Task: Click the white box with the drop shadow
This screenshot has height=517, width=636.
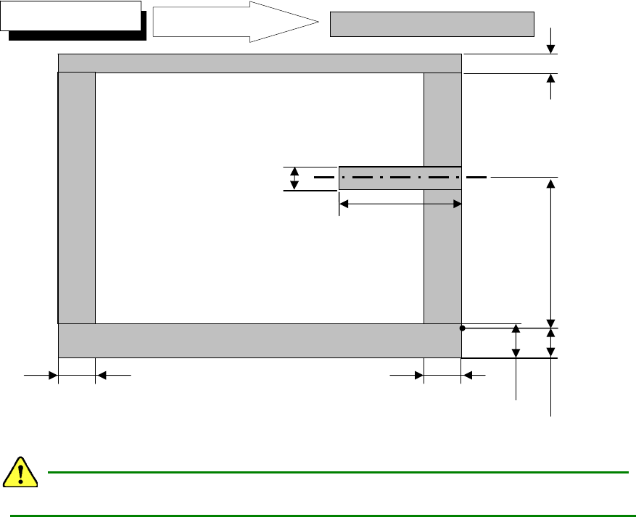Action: click(x=70, y=16)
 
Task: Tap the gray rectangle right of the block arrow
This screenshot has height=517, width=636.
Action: click(x=431, y=24)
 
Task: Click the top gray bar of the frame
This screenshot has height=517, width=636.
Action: click(x=259, y=63)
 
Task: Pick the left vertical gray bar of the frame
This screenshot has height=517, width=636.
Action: click(x=76, y=197)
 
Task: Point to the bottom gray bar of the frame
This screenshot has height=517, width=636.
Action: click(x=259, y=341)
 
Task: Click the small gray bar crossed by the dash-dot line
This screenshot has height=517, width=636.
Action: click(x=400, y=178)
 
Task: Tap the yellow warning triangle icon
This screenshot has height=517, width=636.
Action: click(x=21, y=472)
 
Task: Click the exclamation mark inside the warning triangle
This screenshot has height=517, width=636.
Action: click(x=21, y=473)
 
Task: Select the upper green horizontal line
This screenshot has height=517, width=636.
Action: click(x=337, y=472)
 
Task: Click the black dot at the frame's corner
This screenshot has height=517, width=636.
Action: click(x=462, y=328)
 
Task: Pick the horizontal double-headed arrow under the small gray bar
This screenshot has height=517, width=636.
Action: click(x=400, y=205)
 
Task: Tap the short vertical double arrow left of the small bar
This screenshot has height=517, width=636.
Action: click(x=294, y=178)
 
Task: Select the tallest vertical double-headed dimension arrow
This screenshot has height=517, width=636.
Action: click(x=552, y=252)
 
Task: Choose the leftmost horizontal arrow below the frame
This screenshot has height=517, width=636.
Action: click(x=41, y=375)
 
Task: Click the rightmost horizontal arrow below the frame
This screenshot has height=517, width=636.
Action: click(x=474, y=375)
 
